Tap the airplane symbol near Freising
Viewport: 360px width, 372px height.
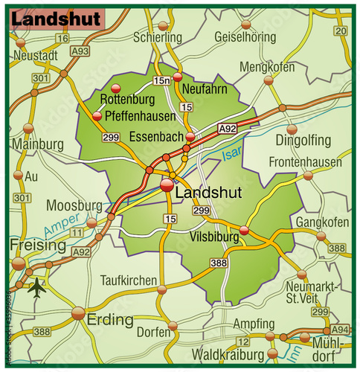click(36, 285)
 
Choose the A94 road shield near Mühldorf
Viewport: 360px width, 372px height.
click(340, 328)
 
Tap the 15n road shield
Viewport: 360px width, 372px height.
click(161, 80)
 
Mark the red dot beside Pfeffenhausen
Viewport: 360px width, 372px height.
click(97, 116)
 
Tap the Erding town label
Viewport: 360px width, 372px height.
click(110, 321)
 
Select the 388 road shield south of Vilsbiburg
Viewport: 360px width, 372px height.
click(218, 263)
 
